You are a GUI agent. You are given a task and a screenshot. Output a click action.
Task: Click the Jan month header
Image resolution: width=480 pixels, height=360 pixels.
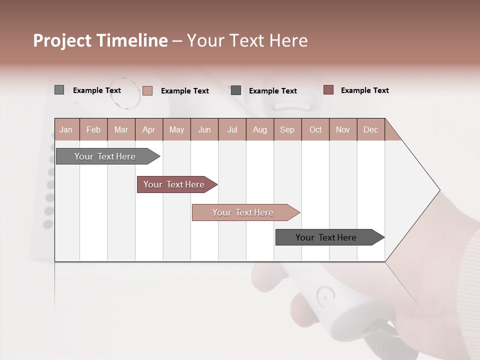tap(66, 129)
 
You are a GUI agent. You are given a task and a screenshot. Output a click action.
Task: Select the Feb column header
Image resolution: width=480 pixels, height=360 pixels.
tap(93, 129)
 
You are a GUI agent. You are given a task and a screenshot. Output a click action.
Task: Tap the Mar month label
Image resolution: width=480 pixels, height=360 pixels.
tap(121, 129)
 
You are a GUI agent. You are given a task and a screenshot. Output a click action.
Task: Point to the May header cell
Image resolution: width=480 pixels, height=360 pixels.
tap(176, 129)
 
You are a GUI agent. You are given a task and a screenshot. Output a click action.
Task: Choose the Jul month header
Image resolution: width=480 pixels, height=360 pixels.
tap(232, 129)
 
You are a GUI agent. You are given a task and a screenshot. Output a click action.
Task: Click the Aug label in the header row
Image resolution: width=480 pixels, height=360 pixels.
tap(259, 129)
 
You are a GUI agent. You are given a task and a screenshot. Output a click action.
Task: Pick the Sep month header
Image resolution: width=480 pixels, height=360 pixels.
tap(287, 129)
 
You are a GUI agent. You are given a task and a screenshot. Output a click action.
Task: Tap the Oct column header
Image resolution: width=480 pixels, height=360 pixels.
tap(315, 129)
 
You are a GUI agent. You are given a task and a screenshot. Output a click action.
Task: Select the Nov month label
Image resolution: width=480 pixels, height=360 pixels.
tap(342, 129)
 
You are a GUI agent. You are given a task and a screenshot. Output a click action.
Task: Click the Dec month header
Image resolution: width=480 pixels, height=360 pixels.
tap(370, 129)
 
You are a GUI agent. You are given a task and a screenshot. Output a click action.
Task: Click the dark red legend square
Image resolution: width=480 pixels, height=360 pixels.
tap(328, 90)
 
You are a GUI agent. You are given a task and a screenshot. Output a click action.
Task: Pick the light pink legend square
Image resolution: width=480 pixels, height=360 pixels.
tap(147, 90)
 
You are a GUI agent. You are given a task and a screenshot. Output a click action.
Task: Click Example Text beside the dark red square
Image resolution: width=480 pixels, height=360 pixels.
tap(364, 90)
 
